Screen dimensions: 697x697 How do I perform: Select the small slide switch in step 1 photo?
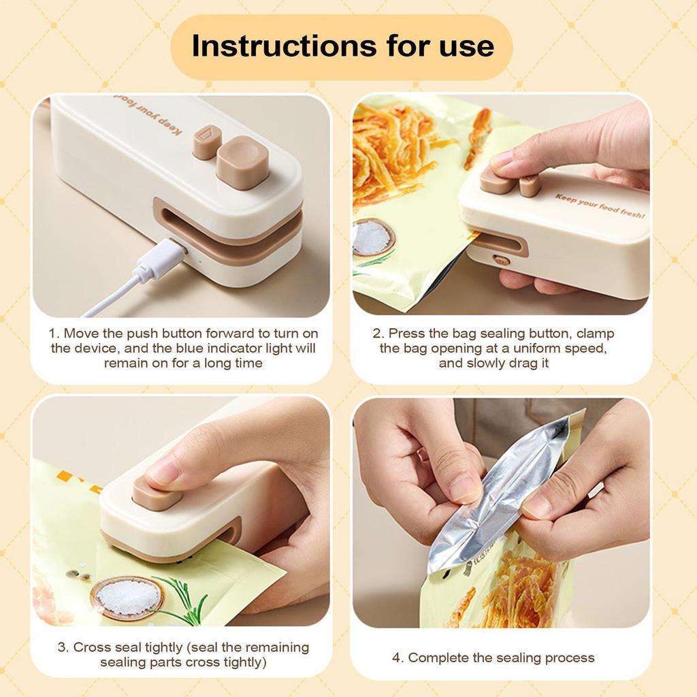206,143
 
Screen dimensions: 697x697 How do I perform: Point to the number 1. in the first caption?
54,334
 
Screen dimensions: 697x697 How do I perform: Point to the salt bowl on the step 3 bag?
127,597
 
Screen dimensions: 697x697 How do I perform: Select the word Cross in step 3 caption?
91,647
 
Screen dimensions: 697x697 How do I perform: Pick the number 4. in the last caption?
398,658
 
